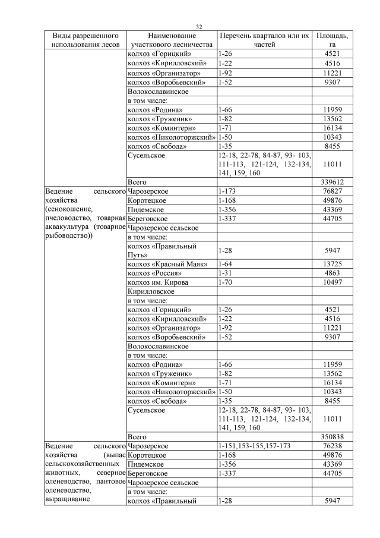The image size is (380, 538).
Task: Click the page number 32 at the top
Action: pyautogui.click(x=199, y=27)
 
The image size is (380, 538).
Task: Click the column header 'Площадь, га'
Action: pyautogui.click(x=332, y=40)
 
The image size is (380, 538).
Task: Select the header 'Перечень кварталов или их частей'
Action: pyautogui.click(x=264, y=40)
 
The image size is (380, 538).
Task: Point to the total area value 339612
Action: pyautogui.click(x=333, y=182)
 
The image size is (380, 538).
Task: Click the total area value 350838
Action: pyautogui.click(x=333, y=436)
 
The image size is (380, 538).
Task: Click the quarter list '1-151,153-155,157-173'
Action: pyautogui.click(x=254, y=446)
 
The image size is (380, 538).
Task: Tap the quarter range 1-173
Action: pyautogui.click(x=227, y=191)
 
